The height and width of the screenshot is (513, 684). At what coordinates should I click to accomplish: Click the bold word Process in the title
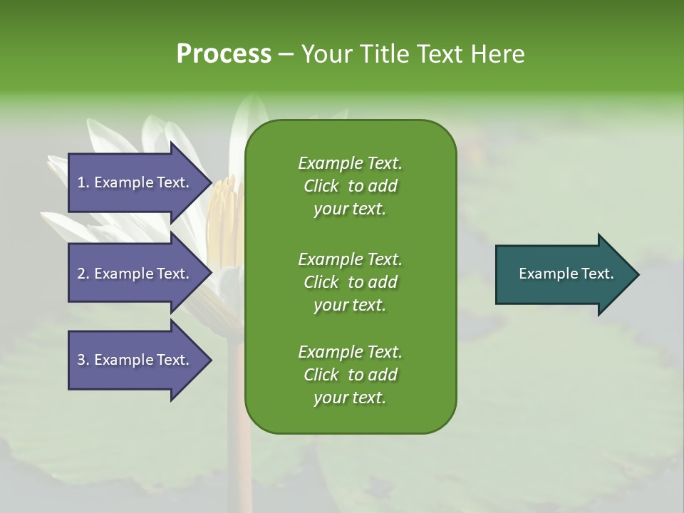click(224, 53)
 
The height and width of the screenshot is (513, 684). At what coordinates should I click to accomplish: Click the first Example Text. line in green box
click(350, 163)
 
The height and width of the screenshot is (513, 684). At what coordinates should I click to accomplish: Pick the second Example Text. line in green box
click(350, 259)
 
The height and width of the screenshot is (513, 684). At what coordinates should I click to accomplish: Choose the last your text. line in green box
click(350, 398)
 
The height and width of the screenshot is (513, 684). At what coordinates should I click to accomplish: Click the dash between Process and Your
click(286, 53)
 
